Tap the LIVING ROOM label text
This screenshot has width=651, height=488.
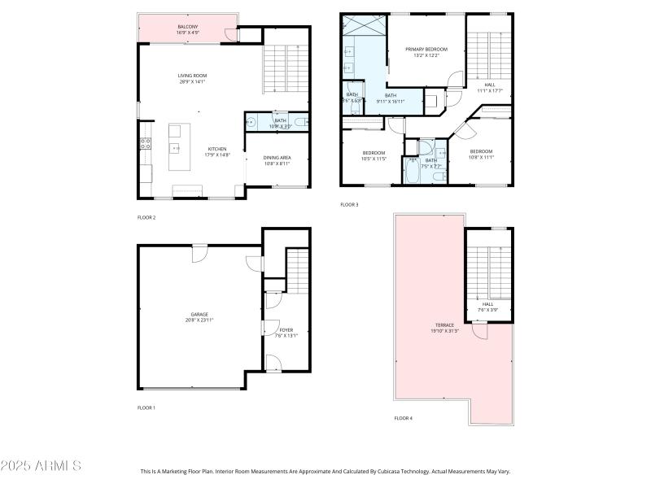tap(192, 76)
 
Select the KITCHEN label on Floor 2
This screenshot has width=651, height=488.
tap(216, 149)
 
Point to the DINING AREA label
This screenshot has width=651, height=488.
tap(277, 158)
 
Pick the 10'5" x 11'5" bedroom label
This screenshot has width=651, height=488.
tap(374, 153)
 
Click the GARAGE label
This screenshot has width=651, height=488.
tap(199, 314)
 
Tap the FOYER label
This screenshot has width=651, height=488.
tap(286, 329)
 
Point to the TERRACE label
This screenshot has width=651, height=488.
tap(443, 325)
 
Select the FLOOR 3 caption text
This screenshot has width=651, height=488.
tap(349, 204)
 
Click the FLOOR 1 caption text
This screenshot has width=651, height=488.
tap(146, 407)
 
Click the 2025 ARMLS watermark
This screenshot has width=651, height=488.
tap(41, 466)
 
